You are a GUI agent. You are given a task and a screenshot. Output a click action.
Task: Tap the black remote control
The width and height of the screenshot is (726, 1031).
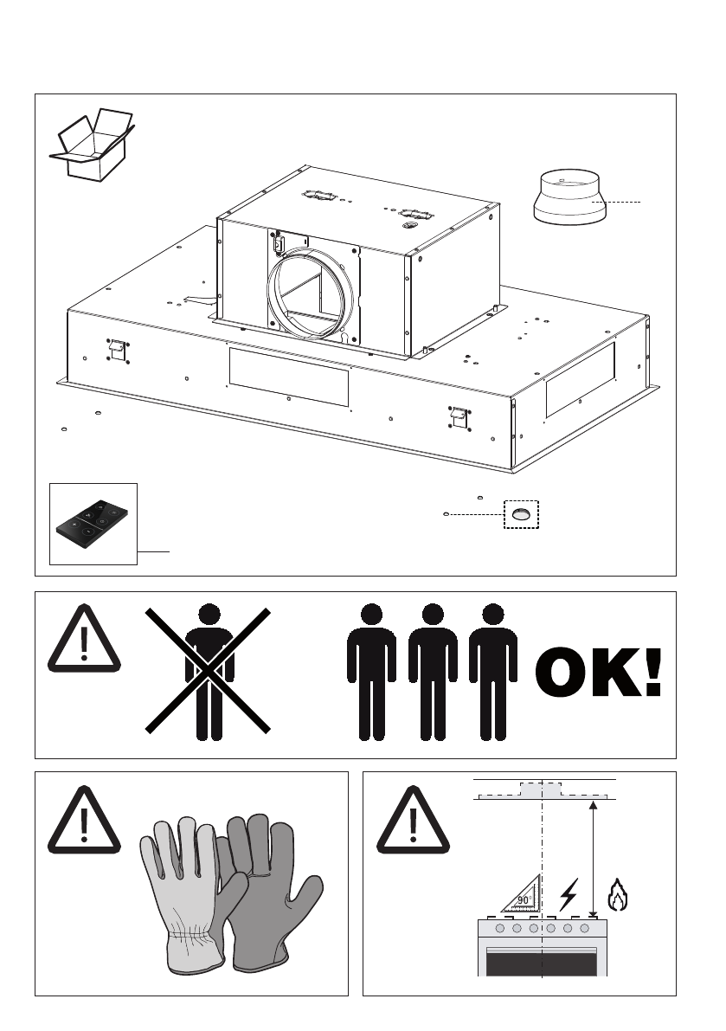93,523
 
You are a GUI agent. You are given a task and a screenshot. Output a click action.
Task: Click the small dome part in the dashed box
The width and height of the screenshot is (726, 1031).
521,514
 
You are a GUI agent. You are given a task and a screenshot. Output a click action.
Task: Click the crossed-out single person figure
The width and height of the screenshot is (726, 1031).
209,672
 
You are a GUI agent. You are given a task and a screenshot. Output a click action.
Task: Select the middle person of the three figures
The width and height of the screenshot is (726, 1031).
433,672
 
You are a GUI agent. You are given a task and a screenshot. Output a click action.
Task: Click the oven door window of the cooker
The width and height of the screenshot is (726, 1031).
542,962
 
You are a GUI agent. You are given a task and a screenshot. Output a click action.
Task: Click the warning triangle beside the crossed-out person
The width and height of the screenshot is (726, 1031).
85,638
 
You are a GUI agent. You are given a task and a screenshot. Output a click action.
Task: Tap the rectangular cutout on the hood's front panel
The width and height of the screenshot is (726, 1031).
288,376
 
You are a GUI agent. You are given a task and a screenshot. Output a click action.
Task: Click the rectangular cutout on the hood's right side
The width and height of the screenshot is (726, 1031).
580,377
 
